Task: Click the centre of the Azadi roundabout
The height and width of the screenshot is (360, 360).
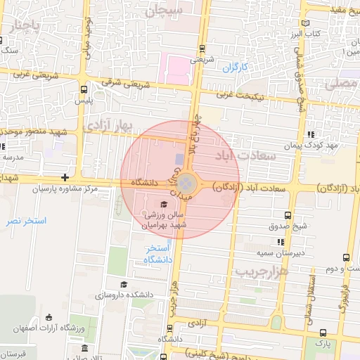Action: click(x=184, y=184)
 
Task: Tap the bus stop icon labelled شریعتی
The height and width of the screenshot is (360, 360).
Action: click(x=202, y=49)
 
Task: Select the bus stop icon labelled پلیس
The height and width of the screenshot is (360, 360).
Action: click(x=84, y=89)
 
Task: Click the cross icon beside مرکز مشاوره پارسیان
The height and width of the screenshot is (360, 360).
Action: click(x=65, y=177)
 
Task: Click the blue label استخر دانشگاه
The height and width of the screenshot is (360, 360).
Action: click(x=158, y=255)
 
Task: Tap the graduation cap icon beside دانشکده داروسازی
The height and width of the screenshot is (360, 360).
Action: click(x=124, y=284)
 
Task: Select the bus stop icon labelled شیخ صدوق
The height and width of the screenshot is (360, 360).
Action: click(x=288, y=215)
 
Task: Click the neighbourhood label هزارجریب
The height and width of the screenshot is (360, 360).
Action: click(x=262, y=271)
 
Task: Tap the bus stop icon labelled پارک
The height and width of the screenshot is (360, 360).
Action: click(x=323, y=333)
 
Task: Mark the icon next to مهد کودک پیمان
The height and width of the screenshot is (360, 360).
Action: click(x=311, y=134)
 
